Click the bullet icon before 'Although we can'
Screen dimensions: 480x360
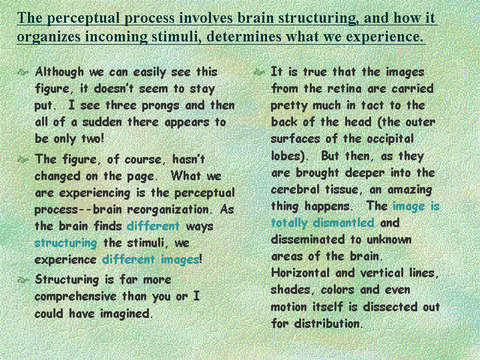23,73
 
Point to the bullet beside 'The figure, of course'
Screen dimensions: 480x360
23,160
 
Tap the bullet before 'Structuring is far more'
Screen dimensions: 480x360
23,280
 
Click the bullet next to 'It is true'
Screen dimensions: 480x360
259,73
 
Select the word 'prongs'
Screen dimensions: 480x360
160,106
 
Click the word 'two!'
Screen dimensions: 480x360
93,138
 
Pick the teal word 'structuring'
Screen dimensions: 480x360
66,244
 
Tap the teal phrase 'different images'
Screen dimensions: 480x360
151,260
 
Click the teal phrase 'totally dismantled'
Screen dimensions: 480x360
322,223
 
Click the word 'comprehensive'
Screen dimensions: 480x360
75,297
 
